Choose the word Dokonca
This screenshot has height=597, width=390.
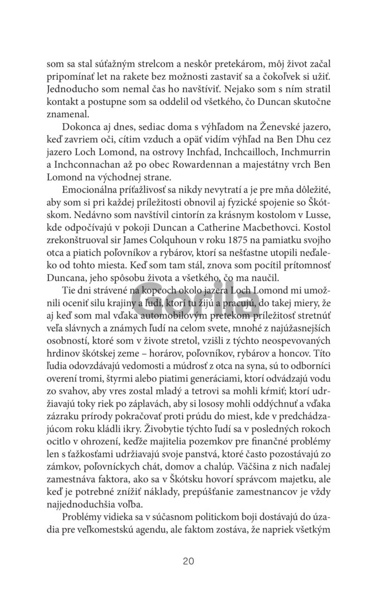pos(82,127)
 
